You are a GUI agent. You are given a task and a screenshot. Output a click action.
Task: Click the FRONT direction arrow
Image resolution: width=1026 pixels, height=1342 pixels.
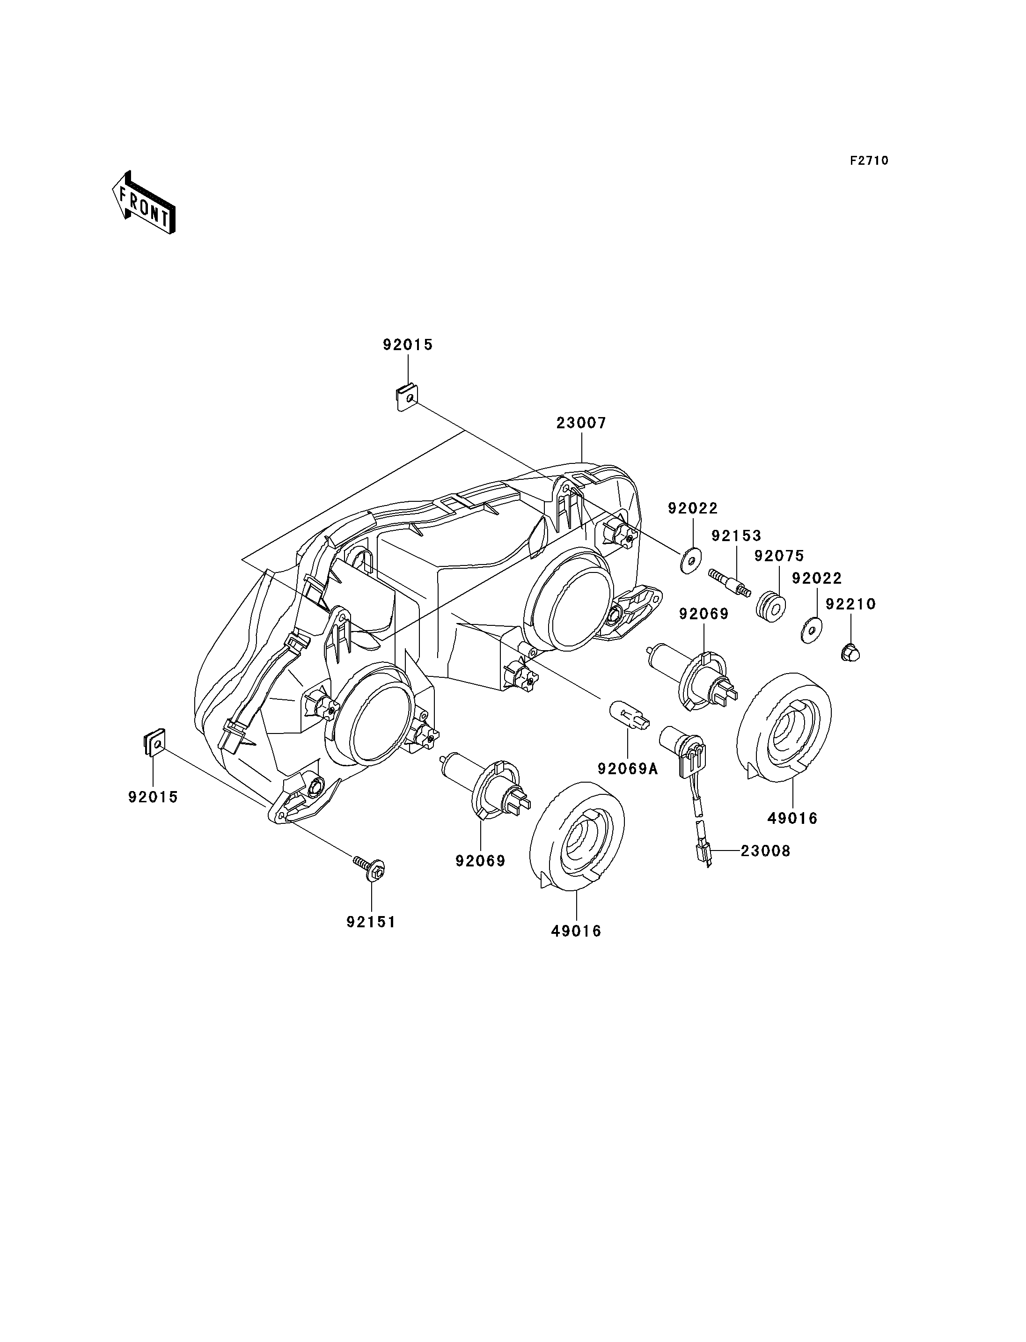pos(144,204)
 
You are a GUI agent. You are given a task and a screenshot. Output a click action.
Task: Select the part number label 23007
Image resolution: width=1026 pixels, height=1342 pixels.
pos(581,423)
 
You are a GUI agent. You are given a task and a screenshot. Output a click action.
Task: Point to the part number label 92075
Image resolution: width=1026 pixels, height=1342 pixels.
pos(779,556)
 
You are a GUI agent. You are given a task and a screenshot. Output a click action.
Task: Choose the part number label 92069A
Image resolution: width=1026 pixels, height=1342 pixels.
pos(628,769)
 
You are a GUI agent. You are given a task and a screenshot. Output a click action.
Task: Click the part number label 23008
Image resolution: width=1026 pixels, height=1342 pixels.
pos(765,851)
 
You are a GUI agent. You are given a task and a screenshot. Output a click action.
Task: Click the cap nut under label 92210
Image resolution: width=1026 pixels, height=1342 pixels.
pos(850,653)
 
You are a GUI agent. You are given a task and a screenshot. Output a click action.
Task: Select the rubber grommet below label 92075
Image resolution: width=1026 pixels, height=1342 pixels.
pos(771,606)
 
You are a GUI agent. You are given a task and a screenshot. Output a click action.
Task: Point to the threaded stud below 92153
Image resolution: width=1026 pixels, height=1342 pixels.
pos(729,583)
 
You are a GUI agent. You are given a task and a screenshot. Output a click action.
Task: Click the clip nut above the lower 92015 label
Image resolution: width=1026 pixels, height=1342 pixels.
pos(153,742)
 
